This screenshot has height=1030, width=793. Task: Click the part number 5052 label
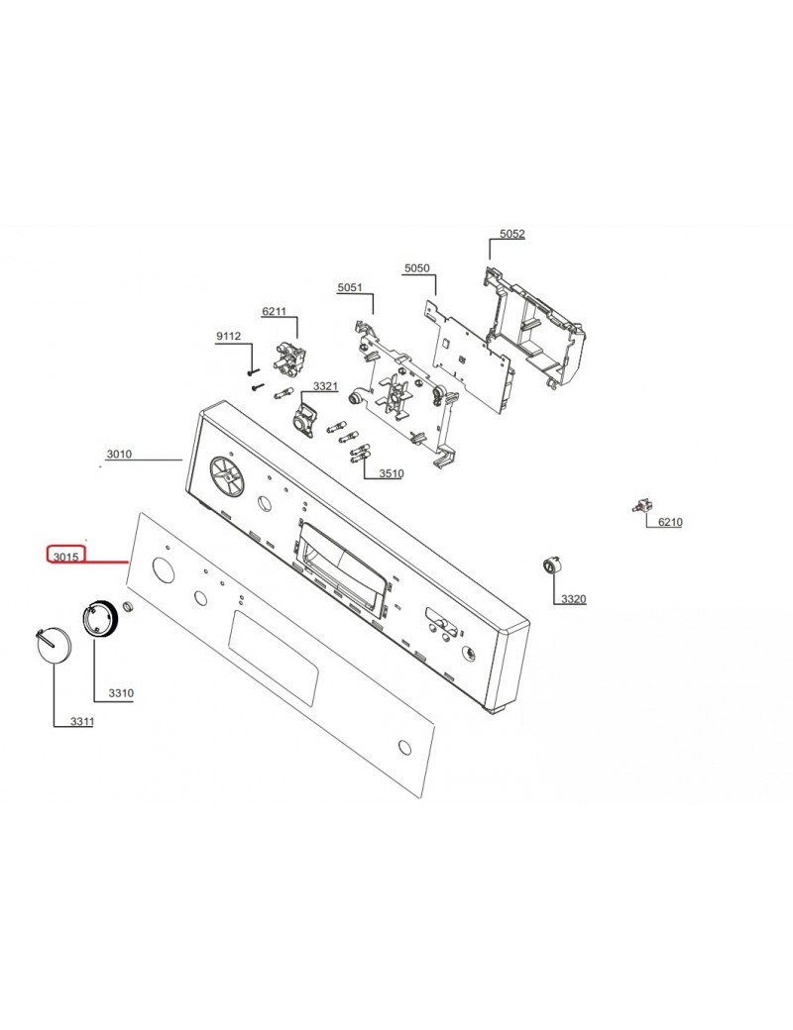click(511, 234)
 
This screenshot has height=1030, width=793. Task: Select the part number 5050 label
click(416, 268)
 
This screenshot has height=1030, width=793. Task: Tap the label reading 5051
click(349, 287)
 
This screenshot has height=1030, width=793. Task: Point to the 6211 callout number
click(274, 311)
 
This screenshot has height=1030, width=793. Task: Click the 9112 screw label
click(228, 337)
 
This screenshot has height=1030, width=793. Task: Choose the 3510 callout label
click(391, 473)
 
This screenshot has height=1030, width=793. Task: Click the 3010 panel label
click(119, 455)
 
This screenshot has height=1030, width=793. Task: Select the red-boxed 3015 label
click(66, 556)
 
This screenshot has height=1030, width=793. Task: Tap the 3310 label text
click(121, 693)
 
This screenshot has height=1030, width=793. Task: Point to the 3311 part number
click(81, 722)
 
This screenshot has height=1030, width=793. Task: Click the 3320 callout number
click(573, 599)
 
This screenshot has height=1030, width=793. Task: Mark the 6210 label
click(670, 521)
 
